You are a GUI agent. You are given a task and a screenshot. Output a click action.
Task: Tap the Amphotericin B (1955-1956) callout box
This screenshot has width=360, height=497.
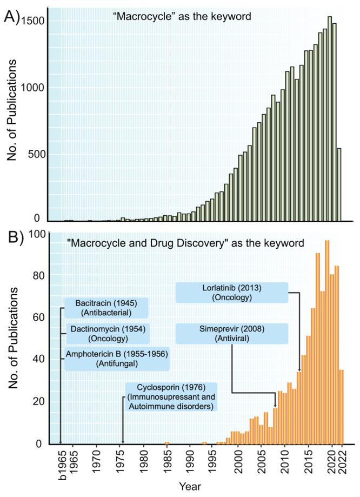[x=116, y=359]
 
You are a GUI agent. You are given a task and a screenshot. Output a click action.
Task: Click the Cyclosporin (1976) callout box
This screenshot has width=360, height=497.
[x=171, y=396]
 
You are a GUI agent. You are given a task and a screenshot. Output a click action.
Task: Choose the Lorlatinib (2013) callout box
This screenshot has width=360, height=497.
[x=231, y=293]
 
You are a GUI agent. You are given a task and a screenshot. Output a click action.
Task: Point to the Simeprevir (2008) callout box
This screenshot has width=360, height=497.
[x=231, y=334]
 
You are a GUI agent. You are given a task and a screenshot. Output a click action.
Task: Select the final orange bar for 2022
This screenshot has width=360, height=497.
[x=341, y=406]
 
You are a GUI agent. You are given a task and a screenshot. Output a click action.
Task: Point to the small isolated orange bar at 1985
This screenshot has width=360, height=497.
[x=167, y=443]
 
